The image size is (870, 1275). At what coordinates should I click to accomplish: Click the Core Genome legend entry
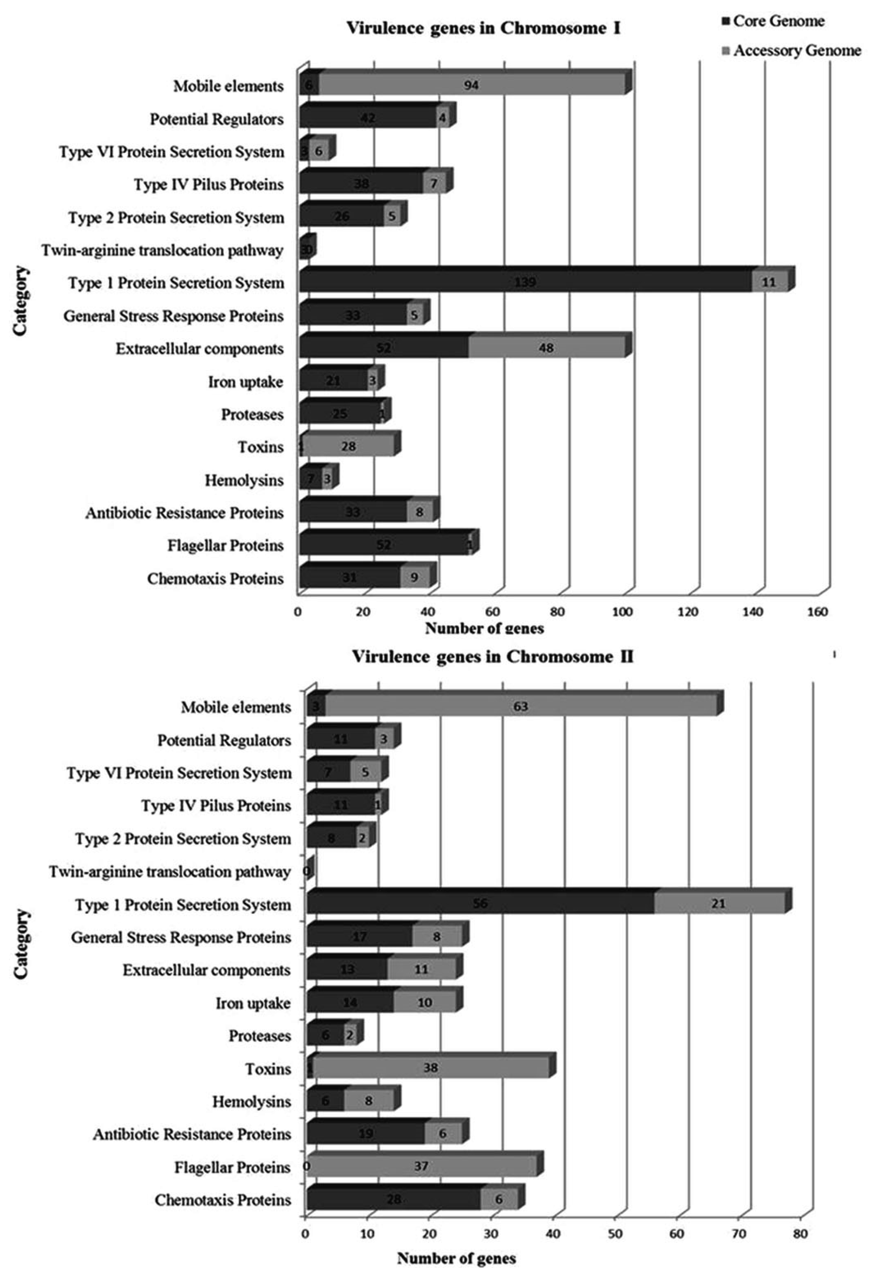(x=773, y=21)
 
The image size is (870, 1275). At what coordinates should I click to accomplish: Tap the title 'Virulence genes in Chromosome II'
(x=492, y=657)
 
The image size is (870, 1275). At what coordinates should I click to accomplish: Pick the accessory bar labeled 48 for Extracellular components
(x=546, y=348)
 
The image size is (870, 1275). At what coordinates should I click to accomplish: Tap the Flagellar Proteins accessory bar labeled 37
(x=421, y=1166)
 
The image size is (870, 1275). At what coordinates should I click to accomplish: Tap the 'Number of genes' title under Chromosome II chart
(x=456, y=1257)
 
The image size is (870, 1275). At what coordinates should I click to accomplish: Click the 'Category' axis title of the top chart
(x=20, y=301)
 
